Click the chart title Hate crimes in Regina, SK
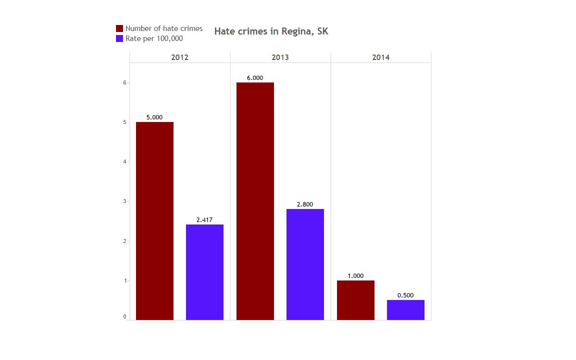[x=271, y=31]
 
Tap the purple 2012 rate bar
[x=204, y=272]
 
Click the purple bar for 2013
[x=305, y=264]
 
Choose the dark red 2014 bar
[x=355, y=300]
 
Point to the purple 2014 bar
[x=405, y=310]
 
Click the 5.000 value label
[x=154, y=117]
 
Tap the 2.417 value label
[x=204, y=220]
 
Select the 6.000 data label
[x=255, y=78]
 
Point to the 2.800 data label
[x=305, y=204]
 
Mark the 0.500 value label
[x=405, y=295]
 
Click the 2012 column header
[x=180, y=57]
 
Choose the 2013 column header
[x=280, y=57]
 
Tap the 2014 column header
[x=380, y=57]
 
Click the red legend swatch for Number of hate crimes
[x=119, y=28]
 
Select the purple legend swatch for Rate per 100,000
[x=119, y=38]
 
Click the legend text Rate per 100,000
[x=154, y=38]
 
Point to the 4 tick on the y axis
[x=124, y=162]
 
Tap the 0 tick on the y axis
[x=124, y=317]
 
